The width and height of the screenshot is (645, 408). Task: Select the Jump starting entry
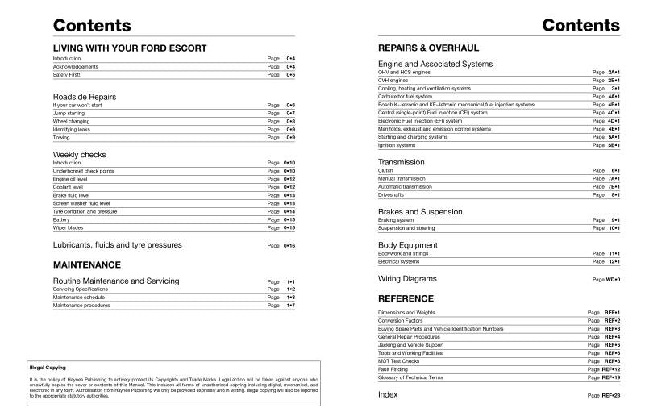coord(69,113)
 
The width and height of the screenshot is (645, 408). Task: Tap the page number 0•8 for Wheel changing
coord(290,121)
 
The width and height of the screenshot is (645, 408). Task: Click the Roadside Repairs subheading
coord(85,97)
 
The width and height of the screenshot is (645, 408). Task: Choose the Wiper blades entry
coord(68,227)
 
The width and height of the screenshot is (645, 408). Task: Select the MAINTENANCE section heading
coord(87,264)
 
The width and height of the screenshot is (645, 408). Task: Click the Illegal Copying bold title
coord(42,368)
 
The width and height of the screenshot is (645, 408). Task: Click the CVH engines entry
coord(394,80)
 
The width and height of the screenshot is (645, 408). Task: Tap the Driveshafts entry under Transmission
coord(393,194)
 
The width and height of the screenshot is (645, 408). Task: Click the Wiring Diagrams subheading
coord(407,278)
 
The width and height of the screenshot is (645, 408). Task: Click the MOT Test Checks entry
coord(399,360)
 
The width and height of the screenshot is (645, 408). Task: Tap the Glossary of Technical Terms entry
coord(410,377)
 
